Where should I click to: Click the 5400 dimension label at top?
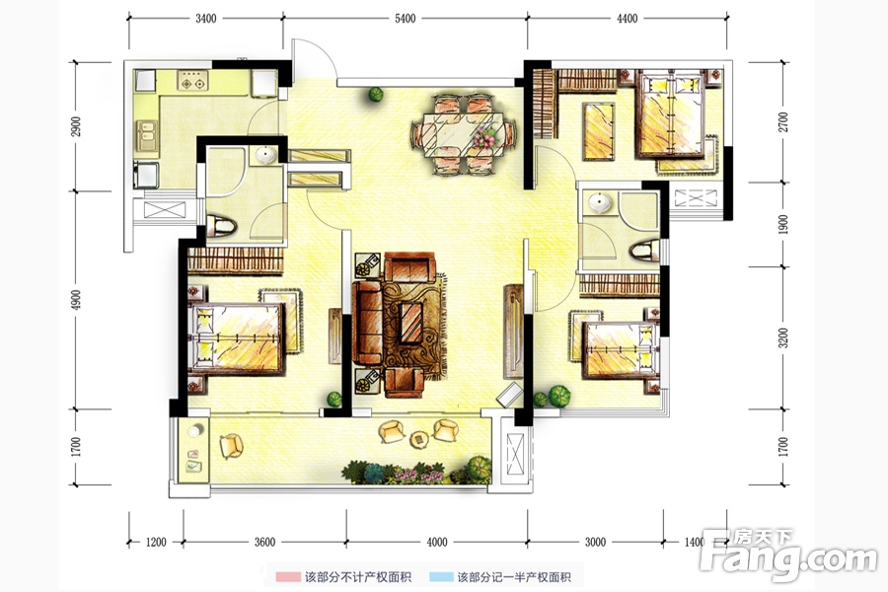point(405,18)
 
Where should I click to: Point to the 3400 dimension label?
point(205,18)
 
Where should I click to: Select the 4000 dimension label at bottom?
point(437,542)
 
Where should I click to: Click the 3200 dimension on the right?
point(782,337)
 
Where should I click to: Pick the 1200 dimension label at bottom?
point(156,542)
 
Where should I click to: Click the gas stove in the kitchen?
point(192,81)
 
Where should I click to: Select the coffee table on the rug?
point(411,324)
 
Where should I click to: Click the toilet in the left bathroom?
point(221,226)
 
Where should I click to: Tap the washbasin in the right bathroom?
point(599,202)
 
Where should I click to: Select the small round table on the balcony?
point(418,438)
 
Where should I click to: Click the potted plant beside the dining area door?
point(376,94)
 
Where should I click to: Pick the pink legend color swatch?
point(288,577)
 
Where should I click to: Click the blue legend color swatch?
point(441,577)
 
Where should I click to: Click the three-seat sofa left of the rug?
point(367,323)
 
